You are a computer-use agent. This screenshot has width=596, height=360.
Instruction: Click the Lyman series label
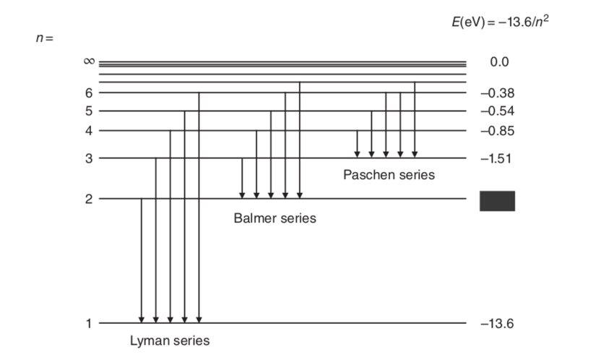click(170, 340)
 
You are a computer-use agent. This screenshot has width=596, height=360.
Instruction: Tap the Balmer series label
click(275, 218)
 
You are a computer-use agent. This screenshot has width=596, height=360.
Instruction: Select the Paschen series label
click(389, 175)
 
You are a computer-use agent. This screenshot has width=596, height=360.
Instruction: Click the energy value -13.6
click(496, 323)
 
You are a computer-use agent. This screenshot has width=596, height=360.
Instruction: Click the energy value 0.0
click(499, 62)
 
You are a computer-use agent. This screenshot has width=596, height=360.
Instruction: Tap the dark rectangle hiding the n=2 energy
click(497, 201)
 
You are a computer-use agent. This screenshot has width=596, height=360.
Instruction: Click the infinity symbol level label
click(89, 61)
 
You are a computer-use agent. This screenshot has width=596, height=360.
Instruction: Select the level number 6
click(89, 93)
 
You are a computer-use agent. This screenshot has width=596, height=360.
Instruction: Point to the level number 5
click(89, 111)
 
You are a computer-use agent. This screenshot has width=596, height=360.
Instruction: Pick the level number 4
click(89, 131)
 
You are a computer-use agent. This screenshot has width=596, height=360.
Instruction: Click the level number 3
click(89, 158)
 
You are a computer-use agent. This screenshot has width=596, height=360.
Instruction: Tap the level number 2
click(89, 199)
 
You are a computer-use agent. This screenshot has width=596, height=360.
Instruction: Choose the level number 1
click(89, 323)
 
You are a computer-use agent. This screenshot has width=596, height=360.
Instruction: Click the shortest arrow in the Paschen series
click(357, 143)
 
